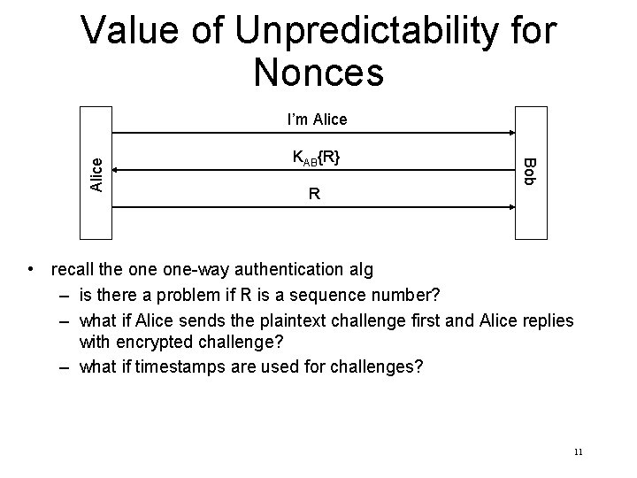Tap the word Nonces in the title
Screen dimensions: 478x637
(x=318, y=73)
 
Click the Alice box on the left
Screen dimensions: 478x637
(x=98, y=173)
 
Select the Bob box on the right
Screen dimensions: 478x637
(x=531, y=172)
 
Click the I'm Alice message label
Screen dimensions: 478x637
(x=316, y=119)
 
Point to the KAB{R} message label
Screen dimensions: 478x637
(x=316, y=158)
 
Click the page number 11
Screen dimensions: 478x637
(x=578, y=451)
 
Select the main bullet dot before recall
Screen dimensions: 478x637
(x=31, y=268)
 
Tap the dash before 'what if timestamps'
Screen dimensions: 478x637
(x=67, y=367)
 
